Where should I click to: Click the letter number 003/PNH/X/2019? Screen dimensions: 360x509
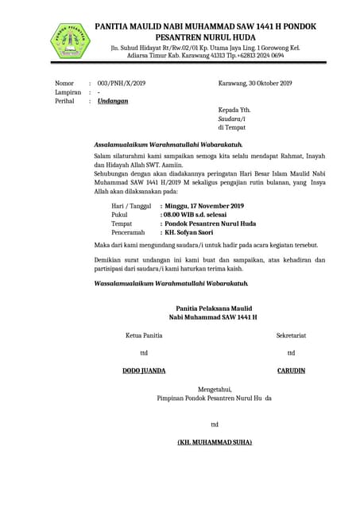(x=122, y=84)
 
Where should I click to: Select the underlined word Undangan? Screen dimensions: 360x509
(x=113, y=102)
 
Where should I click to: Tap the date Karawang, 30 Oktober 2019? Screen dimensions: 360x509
(x=255, y=84)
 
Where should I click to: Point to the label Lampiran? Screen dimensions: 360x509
(x=68, y=92)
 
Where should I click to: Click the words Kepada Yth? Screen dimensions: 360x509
(x=234, y=110)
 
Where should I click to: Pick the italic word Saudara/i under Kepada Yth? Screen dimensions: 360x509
(x=233, y=119)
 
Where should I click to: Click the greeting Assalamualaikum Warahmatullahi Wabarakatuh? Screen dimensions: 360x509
(x=168, y=145)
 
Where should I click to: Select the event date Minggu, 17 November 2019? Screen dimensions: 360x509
(x=204, y=206)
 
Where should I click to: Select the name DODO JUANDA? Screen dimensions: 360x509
(x=144, y=371)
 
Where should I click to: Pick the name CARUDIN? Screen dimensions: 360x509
(x=291, y=371)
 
